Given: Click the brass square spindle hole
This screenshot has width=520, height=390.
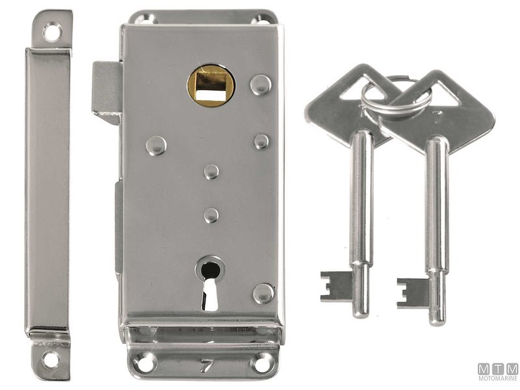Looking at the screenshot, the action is click(x=211, y=85).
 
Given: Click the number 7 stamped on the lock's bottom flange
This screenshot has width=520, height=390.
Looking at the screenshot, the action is click(x=207, y=366).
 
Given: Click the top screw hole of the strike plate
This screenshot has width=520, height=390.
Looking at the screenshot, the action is click(x=53, y=31).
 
